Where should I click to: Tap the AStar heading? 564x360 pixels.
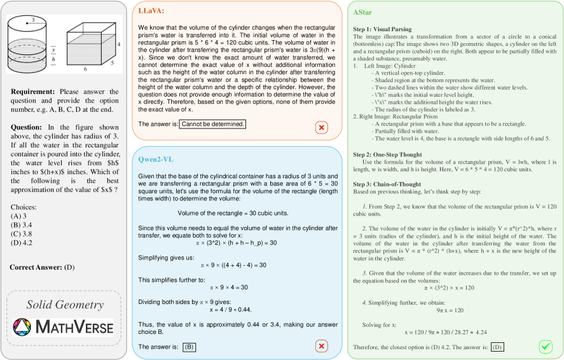(364, 12)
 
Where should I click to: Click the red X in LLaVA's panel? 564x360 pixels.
(322, 128)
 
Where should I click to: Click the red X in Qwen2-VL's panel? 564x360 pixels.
(322, 345)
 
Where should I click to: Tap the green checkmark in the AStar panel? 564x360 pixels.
(546, 347)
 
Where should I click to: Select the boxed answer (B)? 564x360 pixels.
(189, 347)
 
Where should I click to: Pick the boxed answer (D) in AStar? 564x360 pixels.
(497, 347)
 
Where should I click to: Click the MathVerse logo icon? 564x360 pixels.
(22, 328)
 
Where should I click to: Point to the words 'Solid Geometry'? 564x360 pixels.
(65, 305)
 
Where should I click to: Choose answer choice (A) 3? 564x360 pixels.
(19, 216)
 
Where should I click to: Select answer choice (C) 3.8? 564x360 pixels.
(22, 233)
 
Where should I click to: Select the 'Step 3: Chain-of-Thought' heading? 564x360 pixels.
(390, 184)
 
